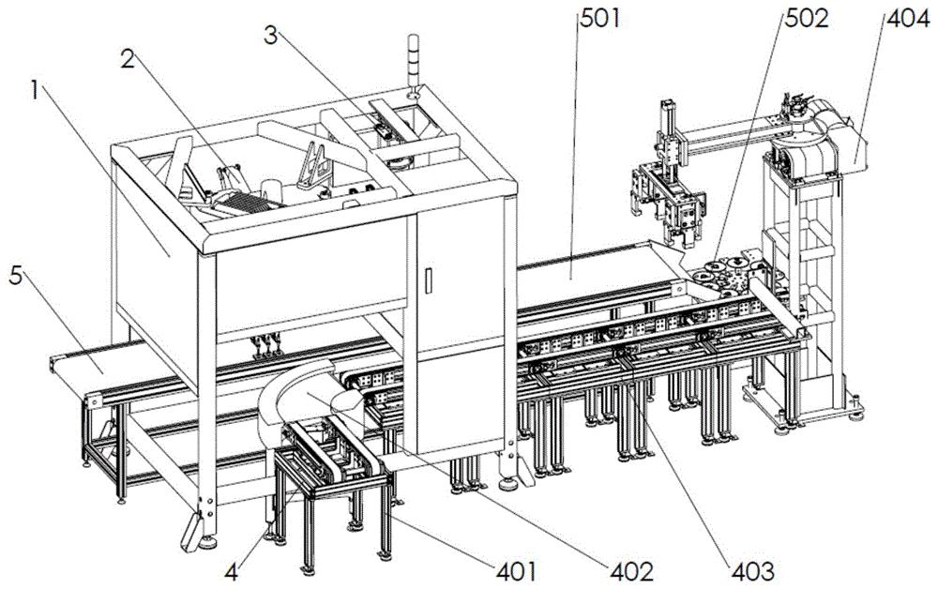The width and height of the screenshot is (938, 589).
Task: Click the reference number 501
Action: coord(599,19)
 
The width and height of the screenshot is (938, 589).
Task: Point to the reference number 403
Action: coord(752,571)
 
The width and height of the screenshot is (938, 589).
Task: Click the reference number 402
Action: coord(631,571)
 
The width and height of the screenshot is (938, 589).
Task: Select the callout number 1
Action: coord(36,92)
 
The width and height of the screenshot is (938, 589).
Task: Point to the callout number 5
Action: coord(16,278)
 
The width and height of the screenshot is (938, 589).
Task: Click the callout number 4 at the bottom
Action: coord(232,571)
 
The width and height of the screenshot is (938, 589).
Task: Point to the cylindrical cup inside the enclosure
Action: coord(272,190)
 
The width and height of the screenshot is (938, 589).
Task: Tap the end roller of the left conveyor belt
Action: coord(93,400)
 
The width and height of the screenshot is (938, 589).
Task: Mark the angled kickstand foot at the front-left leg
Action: coord(191,531)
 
